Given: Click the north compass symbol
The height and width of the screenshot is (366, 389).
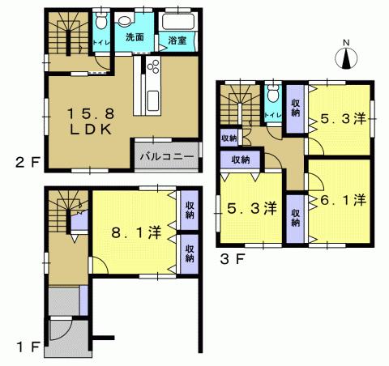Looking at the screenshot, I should coord(345,57).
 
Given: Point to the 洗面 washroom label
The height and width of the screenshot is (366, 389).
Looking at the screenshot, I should coord(135,37).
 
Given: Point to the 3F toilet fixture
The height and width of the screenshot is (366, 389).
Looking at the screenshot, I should coord(273,96).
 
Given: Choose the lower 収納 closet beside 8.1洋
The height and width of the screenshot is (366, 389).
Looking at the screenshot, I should coord(189,252).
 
